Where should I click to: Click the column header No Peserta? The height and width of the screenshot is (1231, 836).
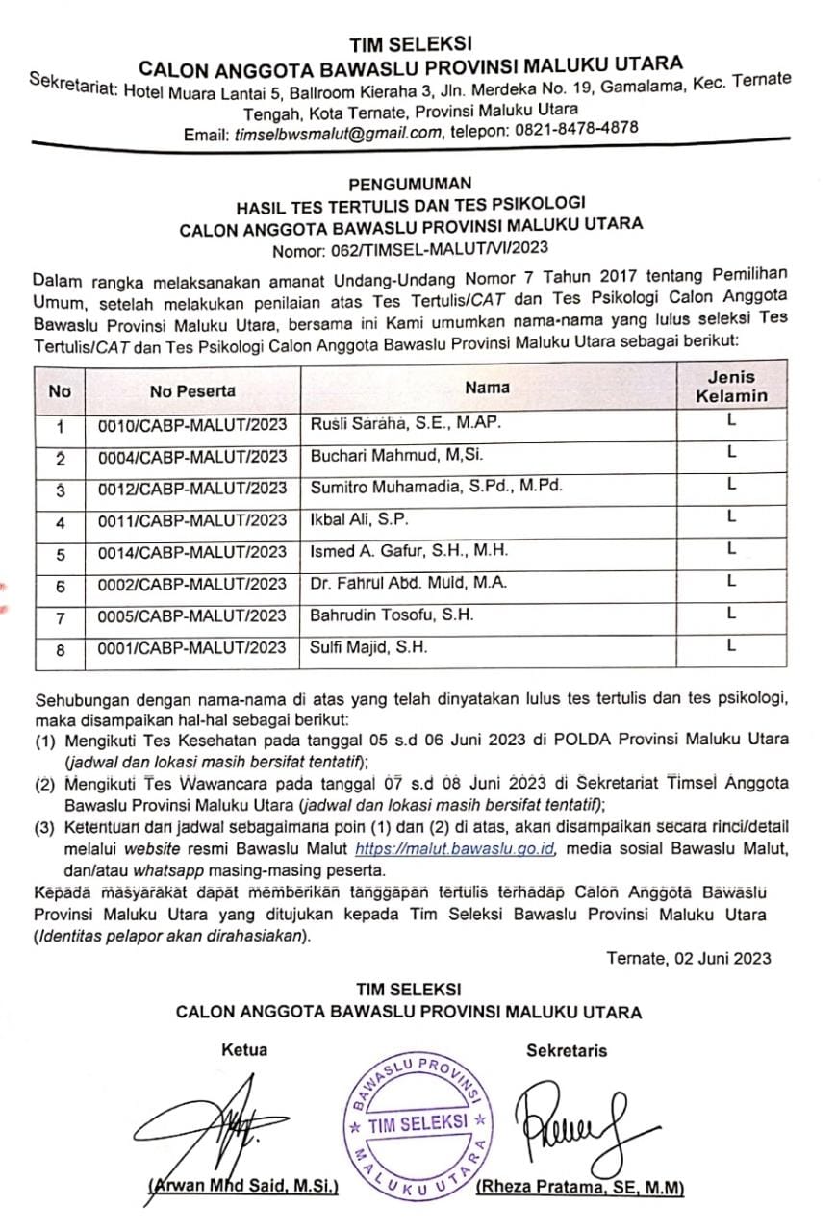coord(192,390)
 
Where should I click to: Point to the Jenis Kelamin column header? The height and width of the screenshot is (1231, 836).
coord(731,387)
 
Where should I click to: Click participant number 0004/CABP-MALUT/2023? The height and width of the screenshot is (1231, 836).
coord(192,456)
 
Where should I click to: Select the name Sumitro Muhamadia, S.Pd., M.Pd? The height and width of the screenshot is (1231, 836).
coord(434,487)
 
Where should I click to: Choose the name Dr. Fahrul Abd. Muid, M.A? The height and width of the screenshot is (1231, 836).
coord(408,583)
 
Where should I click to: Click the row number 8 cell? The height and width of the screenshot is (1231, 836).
coord(60,650)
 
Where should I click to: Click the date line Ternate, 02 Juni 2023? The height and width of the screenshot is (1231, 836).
coord(689,958)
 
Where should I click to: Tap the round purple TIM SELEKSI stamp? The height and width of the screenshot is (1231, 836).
coord(417,1122)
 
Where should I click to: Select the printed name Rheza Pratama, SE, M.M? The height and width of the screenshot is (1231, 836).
coord(580,1188)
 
